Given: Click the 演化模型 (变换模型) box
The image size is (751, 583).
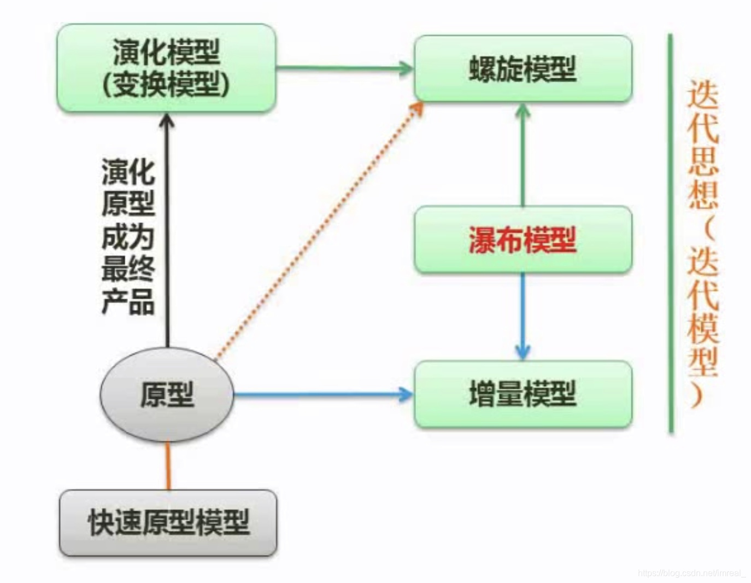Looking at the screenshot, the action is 167,68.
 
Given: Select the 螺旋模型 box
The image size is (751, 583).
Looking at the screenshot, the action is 523,68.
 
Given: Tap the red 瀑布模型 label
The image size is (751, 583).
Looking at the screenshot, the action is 523,240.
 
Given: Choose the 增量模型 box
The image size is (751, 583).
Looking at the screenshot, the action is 523,394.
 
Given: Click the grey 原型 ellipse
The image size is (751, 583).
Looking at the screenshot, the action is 167,394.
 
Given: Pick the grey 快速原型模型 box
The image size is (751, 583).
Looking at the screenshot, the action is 168,522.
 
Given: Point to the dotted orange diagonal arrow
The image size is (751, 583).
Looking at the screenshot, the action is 319,231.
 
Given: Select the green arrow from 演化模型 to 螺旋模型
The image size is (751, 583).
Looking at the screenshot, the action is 345,68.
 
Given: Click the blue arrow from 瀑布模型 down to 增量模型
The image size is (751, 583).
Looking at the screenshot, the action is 523,316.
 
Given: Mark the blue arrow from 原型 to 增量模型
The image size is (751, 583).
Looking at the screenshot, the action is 324,394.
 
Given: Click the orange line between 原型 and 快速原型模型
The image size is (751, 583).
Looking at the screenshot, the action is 168,465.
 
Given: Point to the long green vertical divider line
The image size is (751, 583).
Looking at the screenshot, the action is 671,233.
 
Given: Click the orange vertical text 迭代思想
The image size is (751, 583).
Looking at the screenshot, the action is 703,145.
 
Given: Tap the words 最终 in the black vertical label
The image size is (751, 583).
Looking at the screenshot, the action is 128,270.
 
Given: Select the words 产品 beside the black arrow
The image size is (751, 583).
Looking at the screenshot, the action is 128,301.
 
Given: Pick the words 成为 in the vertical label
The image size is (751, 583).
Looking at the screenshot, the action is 128,237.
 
